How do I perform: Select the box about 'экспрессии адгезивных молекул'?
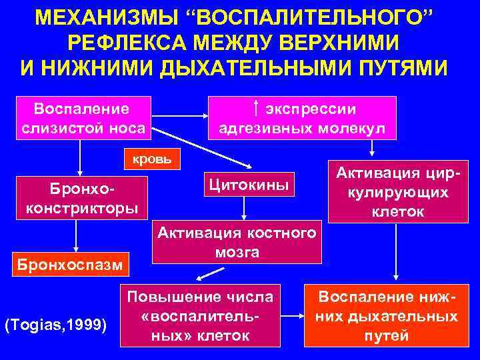[x=303, y=118]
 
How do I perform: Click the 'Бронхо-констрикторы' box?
[x=81, y=198]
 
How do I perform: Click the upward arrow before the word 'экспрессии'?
[x=256, y=109]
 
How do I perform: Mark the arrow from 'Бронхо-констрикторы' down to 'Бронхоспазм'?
[x=77, y=235]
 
